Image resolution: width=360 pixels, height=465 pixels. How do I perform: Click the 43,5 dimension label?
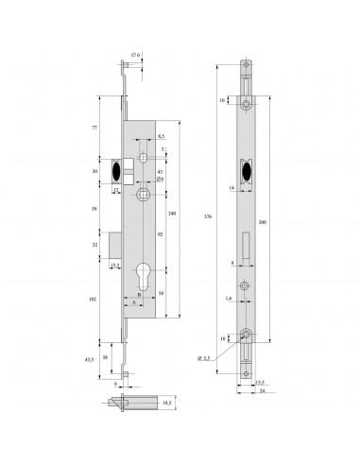[x=90, y=360]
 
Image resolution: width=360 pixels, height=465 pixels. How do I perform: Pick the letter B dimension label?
[x=140, y=294]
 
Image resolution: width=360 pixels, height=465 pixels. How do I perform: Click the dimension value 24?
[x=261, y=389]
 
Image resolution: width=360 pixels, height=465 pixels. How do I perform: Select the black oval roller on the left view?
[x=117, y=171]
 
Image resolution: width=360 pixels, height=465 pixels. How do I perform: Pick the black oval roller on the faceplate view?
[x=247, y=171]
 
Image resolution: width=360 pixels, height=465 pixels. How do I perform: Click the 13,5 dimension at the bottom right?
[x=259, y=381]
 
